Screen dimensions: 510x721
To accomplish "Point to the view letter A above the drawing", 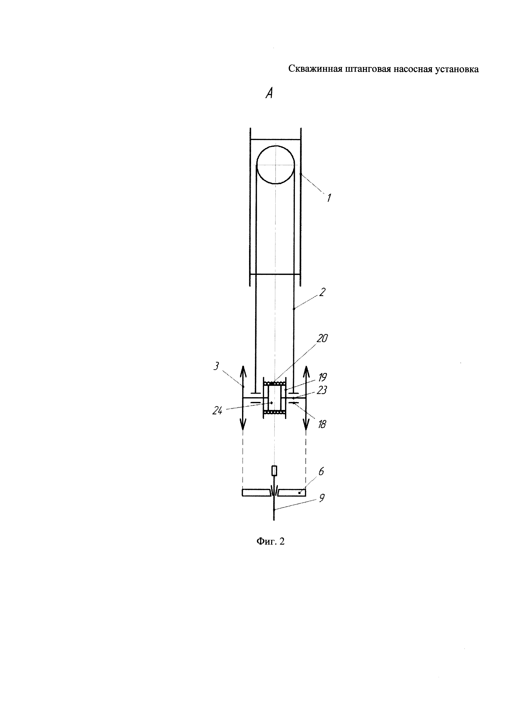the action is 269,93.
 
